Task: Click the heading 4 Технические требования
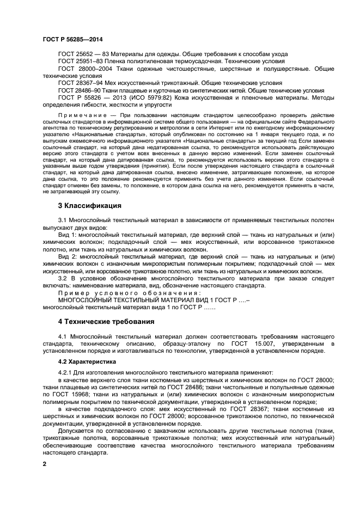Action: (106, 322)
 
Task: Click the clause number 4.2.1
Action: (65, 372)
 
